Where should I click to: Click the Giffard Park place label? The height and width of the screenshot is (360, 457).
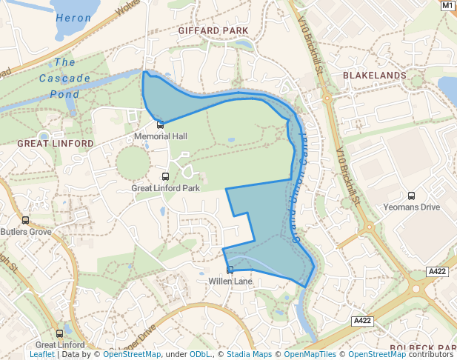coord(213,31)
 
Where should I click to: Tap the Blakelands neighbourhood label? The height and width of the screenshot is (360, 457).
coord(374,76)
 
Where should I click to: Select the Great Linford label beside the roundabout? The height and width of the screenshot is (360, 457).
coord(56,143)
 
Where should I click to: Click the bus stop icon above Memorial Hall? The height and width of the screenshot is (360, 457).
coord(161,125)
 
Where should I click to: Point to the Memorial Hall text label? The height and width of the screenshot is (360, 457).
coord(161,136)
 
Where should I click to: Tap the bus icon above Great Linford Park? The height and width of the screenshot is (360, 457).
coord(165,177)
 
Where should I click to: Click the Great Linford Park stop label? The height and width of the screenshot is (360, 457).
coord(166,188)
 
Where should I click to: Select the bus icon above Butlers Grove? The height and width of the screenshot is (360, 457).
coord(26,220)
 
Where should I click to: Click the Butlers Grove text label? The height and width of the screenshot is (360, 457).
coord(26,232)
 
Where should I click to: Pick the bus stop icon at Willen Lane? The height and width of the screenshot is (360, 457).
coord(230,270)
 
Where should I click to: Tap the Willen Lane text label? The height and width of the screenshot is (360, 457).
coord(230,281)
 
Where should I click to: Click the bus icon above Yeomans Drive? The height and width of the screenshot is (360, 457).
coord(412,196)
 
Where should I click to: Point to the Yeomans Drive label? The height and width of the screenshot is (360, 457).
coord(412,207)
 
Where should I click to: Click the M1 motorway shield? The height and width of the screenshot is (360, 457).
coord(447,5)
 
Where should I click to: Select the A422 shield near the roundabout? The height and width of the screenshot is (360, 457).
coord(437,273)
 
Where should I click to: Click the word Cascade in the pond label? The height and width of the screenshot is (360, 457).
coord(64,79)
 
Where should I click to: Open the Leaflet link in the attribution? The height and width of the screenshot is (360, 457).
coord(42,354)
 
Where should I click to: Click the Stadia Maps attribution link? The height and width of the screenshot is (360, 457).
coord(249,354)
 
